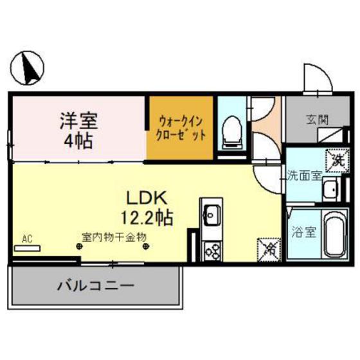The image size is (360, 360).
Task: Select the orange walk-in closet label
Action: pos(181,127)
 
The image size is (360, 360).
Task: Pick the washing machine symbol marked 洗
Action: pos(336,158)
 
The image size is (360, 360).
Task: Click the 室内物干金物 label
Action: pos(114,236)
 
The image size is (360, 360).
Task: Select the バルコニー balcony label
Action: pos(94,285)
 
